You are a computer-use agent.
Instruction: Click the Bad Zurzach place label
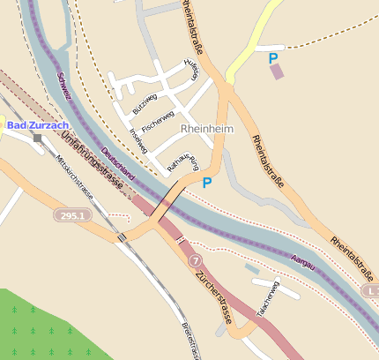point(37,125)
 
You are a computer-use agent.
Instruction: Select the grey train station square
point(37,139)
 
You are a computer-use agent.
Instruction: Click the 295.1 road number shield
point(72,215)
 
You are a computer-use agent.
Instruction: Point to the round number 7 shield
point(195,259)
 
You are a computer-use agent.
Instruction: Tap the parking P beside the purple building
point(273,57)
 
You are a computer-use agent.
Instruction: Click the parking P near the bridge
point(207,184)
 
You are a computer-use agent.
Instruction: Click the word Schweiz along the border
point(63,86)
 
